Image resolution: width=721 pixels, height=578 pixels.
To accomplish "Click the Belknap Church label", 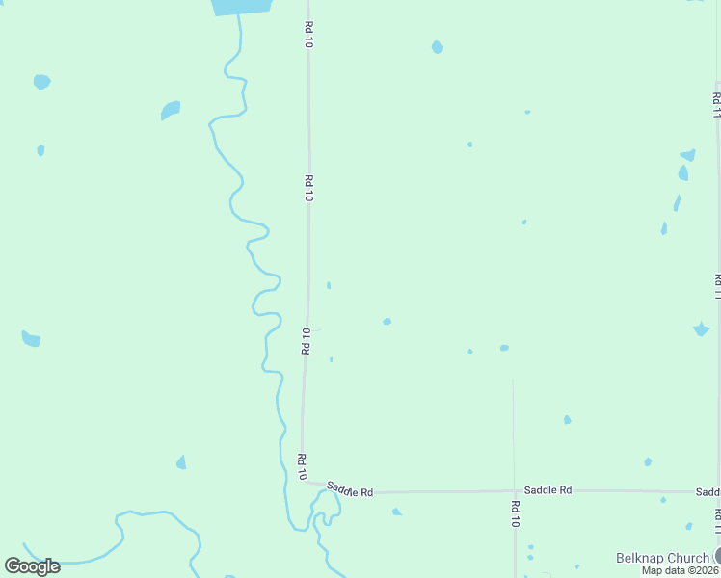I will (x=662, y=558).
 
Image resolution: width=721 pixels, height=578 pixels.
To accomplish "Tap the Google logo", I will (x=33, y=565).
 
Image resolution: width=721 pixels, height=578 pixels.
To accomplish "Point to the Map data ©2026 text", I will (x=681, y=570).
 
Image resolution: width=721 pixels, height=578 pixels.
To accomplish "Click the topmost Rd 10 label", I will (x=308, y=35).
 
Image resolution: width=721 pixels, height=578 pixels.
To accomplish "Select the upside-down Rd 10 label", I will (x=307, y=341).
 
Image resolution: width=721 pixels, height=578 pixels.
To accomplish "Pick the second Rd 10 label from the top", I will (x=308, y=187).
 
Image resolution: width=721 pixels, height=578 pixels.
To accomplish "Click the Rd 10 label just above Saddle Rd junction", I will (x=302, y=466).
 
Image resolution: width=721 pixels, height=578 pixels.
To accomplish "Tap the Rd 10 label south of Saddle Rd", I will (x=516, y=514).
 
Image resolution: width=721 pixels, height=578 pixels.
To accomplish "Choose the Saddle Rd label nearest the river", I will (x=349, y=489).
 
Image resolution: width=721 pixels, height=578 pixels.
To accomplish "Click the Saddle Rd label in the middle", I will (x=547, y=490).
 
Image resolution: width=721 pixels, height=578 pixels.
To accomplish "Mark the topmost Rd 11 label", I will (x=716, y=104).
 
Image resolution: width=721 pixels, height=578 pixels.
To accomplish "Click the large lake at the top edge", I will (x=239, y=7).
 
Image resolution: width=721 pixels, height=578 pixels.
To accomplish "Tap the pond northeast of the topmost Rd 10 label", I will (x=438, y=47).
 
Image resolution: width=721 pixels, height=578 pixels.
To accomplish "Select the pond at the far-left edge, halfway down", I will (x=31, y=339).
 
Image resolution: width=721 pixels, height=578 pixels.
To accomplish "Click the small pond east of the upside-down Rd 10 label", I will (x=387, y=321).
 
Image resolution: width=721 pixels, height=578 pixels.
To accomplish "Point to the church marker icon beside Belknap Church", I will (x=717, y=556).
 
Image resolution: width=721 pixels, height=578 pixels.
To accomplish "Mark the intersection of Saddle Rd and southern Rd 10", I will (x=514, y=491).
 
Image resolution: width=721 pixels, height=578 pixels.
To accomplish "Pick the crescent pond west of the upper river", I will (x=171, y=110).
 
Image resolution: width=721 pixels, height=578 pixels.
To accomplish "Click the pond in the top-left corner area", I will (x=41, y=82).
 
